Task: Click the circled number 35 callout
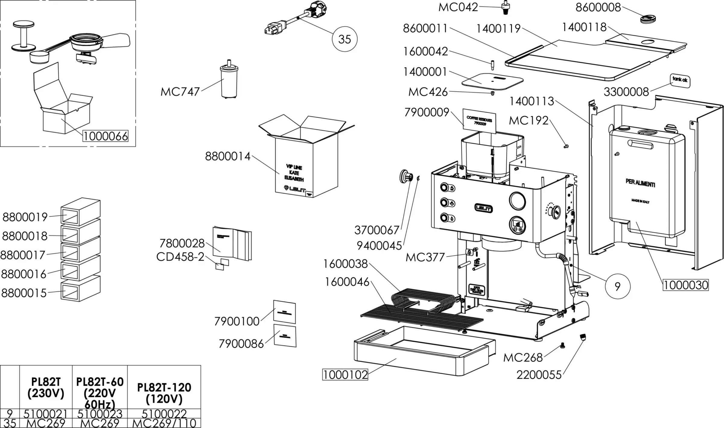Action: coord(345,39)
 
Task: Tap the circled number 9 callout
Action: coord(618,286)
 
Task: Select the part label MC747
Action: coord(180,91)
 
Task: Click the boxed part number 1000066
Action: coord(105,136)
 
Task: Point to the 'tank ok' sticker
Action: coord(680,80)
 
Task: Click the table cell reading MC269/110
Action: coord(164,423)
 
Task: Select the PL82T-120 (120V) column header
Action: coord(164,393)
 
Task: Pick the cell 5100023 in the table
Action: coord(100,414)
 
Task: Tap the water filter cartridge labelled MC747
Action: coord(229,80)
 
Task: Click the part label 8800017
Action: coord(23,255)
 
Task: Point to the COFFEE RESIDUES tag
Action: coord(479,120)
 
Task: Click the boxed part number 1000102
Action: coord(345,375)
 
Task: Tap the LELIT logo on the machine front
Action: coord(484,208)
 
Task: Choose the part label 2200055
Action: coord(539,375)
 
